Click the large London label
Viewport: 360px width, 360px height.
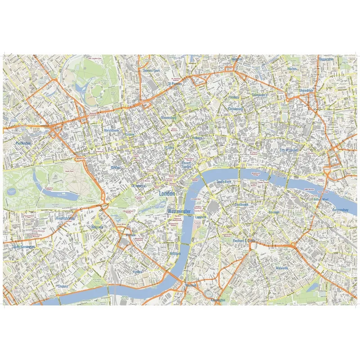[x=167, y=193]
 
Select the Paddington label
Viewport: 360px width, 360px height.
[x=23, y=143]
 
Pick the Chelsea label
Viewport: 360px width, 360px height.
[x=63, y=286]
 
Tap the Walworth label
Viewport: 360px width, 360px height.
[x=284, y=268]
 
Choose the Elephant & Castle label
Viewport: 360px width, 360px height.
[x=244, y=241]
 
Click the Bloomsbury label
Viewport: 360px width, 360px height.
[x=168, y=117]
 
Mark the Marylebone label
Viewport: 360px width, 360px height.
[x=111, y=130]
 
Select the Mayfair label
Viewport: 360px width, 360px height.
[x=116, y=167]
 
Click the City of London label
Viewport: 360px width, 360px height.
[x=289, y=150]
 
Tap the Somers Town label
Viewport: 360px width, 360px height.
[x=151, y=71]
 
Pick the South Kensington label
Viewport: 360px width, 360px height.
[x=23, y=247]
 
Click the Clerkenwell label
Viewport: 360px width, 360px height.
[x=235, y=109]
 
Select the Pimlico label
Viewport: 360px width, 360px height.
[x=137, y=272]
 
